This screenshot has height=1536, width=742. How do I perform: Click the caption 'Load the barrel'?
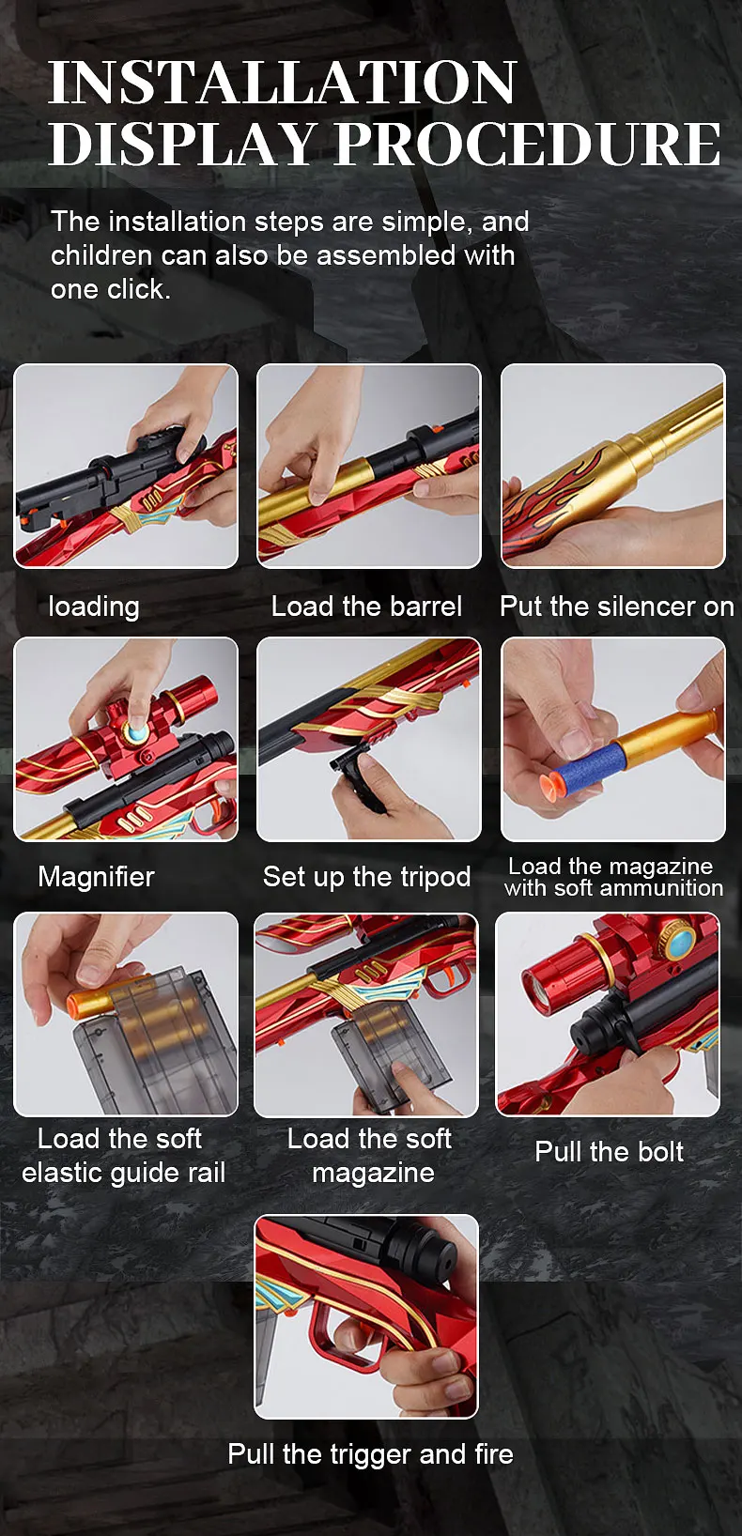[x=366, y=607]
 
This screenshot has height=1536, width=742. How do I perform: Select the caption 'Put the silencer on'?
[x=616, y=607]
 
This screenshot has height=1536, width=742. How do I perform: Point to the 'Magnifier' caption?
[x=96, y=877]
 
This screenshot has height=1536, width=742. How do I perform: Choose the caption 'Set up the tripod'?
[x=366, y=877]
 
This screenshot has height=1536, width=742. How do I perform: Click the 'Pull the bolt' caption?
[x=609, y=1152]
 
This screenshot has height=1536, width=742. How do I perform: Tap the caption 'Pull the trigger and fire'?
[x=370, y=1454]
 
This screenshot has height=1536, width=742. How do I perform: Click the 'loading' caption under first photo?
[x=94, y=607]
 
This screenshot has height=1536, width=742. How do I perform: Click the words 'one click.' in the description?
[x=111, y=289]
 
